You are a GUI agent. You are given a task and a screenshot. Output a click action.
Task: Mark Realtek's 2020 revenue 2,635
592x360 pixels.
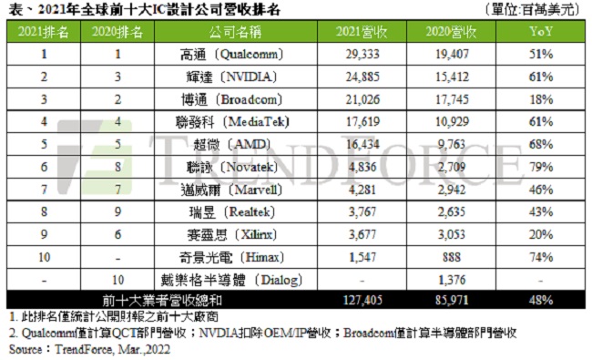453,211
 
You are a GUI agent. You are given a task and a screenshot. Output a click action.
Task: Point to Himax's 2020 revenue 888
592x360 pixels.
453,254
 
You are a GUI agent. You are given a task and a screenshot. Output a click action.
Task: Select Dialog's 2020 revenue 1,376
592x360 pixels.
453,276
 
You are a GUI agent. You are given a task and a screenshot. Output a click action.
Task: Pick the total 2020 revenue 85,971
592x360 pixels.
453,297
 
